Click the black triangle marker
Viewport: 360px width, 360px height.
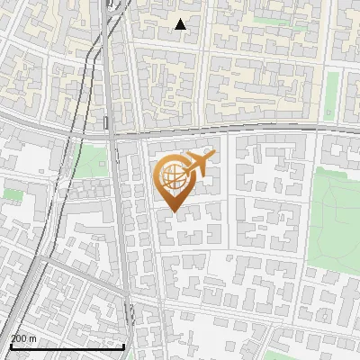point(181,24)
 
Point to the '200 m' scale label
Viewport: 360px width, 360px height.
point(23,337)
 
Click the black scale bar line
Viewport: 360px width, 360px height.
point(67,346)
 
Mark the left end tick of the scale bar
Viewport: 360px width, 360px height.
point(12,345)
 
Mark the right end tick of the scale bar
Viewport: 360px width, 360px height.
point(123,345)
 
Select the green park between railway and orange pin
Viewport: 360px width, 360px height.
point(90,162)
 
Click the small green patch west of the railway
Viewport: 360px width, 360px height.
point(13,193)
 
